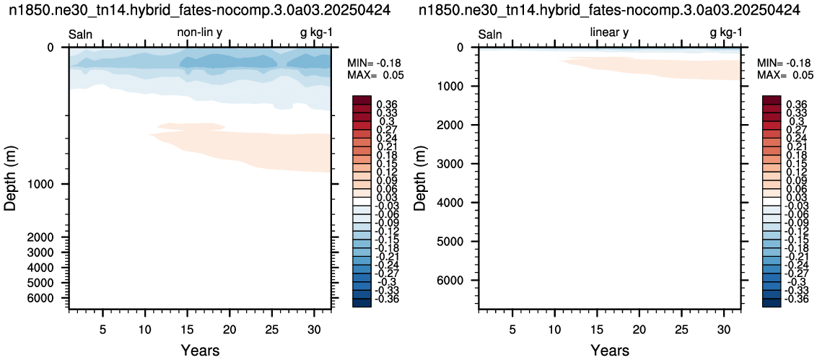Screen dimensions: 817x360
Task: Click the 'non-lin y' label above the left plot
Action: pos(201,33)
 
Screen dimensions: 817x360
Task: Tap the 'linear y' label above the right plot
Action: pos(609,33)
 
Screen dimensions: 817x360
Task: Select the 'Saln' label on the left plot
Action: pos(81,35)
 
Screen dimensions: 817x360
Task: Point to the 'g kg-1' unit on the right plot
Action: pos(726,34)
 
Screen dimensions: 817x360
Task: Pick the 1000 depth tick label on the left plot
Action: pos(47,185)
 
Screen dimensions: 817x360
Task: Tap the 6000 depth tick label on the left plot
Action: pos(47,298)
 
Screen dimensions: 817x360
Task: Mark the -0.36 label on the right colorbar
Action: pos(795,299)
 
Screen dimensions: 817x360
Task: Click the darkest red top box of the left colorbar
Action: pos(362,100)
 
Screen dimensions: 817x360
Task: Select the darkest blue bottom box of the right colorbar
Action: pos(771,303)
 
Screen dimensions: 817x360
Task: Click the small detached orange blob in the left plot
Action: pos(191,126)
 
